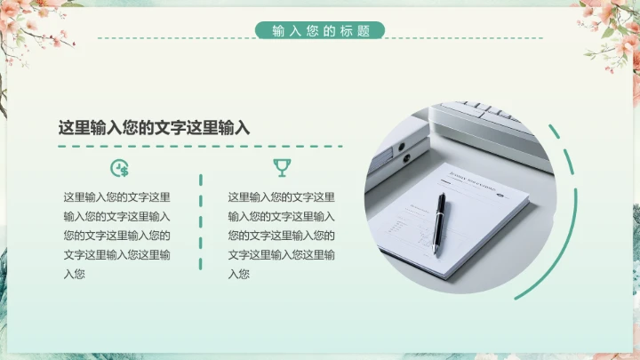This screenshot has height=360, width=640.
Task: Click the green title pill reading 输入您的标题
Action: coord(320,30)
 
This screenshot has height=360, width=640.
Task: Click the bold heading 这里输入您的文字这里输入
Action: coord(154,128)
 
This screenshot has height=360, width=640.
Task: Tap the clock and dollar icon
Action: coord(120,168)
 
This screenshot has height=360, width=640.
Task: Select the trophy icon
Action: coord(282,168)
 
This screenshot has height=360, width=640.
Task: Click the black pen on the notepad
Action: coord(439,224)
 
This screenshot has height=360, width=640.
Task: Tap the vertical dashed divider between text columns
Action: coord(200,222)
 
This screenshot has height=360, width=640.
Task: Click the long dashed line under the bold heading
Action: coord(200,146)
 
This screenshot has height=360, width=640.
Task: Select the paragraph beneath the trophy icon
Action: coord(281,236)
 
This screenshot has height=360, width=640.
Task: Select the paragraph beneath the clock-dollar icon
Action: coord(116,236)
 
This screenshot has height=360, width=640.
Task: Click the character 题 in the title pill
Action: coord(363,30)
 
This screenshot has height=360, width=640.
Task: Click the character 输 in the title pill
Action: coord(278,30)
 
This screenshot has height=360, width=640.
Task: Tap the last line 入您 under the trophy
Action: coord(238,274)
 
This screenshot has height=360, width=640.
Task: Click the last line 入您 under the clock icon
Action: coord(74,274)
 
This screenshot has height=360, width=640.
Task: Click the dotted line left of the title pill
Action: coord(176,38)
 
